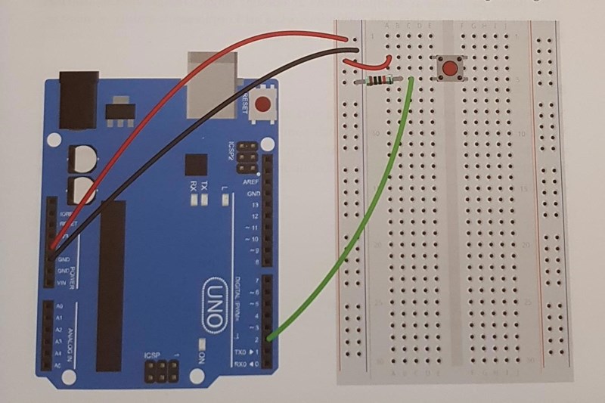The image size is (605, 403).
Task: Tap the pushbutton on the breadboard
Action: pos(451,70)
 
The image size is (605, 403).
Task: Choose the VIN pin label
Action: pos(63,281)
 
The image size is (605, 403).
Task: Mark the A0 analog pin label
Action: pos(60,307)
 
